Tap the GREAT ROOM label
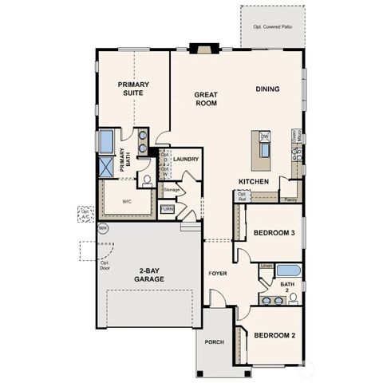(206, 98)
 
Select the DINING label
(267, 89)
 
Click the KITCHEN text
(252, 181)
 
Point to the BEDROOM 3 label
(274, 232)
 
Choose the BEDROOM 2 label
(274, 335)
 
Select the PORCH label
(214, 342)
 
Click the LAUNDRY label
(185, 159)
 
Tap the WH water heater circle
(101, 228)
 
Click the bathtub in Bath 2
(288, 270)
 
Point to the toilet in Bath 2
(293, 298)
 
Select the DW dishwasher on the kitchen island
(264, 137)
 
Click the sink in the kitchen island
(263, 151)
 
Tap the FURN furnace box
(168, 209)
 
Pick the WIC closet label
(126, 202)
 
